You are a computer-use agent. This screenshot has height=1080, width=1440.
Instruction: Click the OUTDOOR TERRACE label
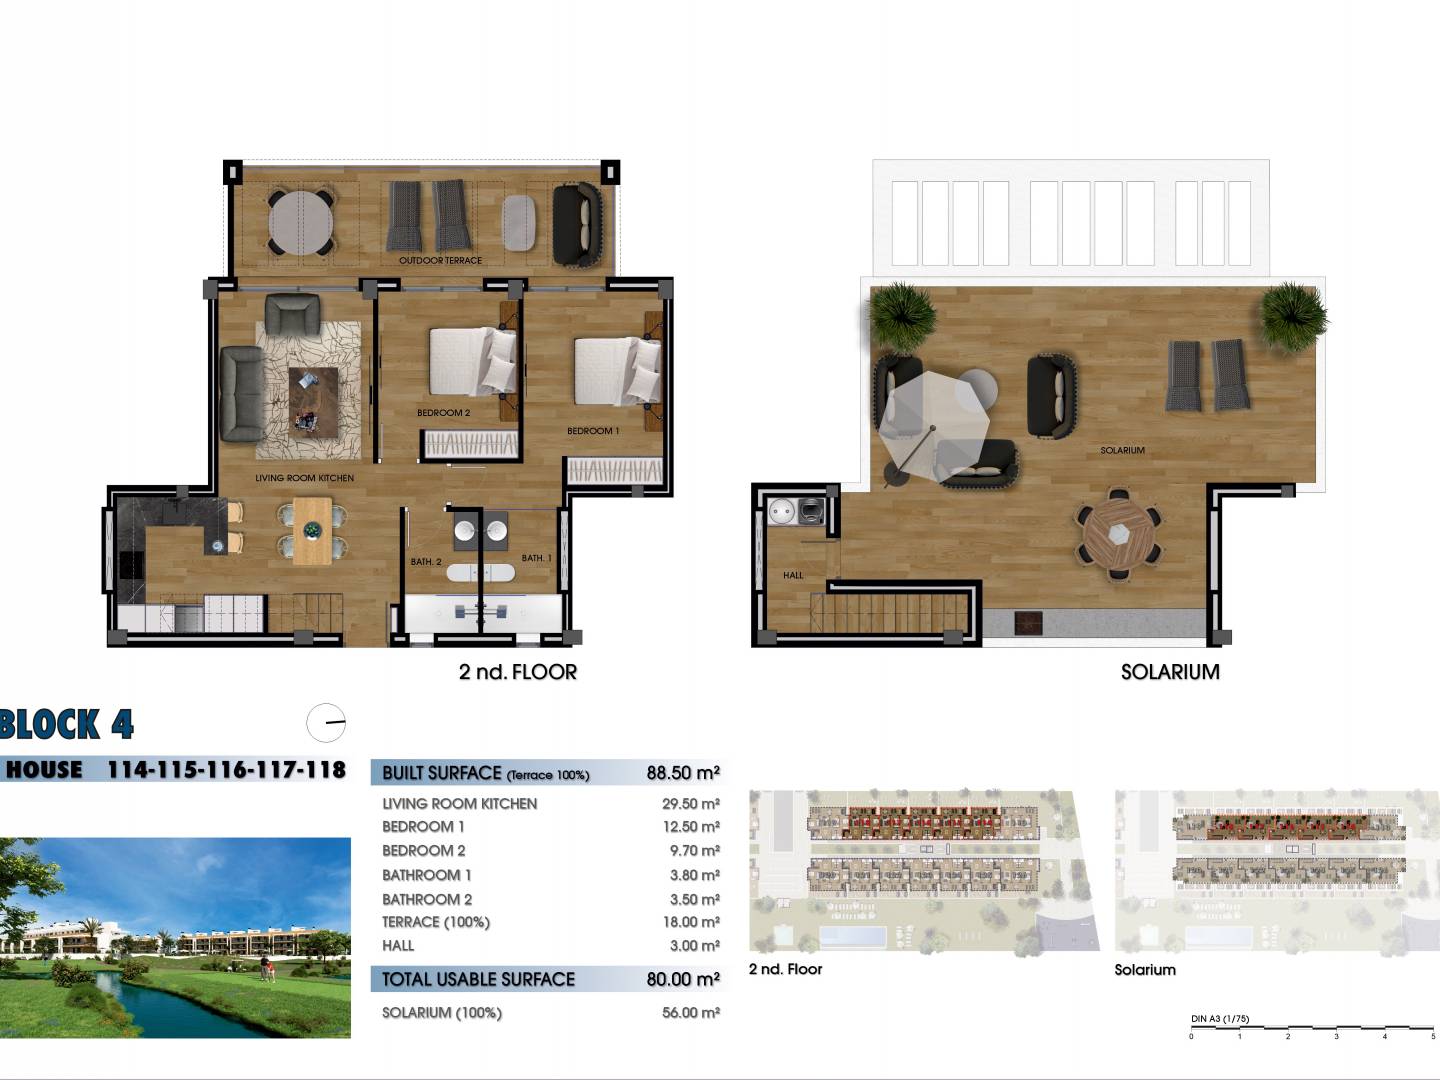pyautogui.click(x=440, y=260)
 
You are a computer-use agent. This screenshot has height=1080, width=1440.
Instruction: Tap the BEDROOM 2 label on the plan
pyautogui.click(x=443, y=412)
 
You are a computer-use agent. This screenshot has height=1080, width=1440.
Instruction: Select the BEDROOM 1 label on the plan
pyautogui.click(x=593, y=431)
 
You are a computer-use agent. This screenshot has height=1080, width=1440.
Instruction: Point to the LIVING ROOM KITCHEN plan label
pyautogui.click(x=304, y=478)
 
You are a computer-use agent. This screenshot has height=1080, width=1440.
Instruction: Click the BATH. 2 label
pyautogui.click(x=426, y=561)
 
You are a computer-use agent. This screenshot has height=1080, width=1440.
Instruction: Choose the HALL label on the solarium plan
pyautogui.click(x=792, y=575)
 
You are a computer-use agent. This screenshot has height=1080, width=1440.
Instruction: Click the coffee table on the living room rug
pyautogui.click(x=313, y=402)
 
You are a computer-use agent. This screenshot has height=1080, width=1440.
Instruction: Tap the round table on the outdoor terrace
pyautogui.click(x=300, y=222)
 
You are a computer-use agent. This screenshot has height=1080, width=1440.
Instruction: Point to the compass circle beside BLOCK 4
pyautogui.click(x=326, y=723)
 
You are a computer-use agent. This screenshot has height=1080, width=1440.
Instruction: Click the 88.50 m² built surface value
pyautogui.click(x=683, y=772)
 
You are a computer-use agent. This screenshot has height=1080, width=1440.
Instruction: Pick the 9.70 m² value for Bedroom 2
pyautogui.click(x=695, y=850)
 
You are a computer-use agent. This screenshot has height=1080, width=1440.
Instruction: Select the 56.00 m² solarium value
pyautogui.click(x=691, y=1012)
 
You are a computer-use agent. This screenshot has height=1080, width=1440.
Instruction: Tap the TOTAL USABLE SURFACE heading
pyautogui.click(x=478, y=979)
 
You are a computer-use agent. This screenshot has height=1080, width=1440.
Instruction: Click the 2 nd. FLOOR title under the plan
pyautogui.click(x=518, y=672)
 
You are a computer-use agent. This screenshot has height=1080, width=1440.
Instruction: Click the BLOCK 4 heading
pyautogui.click(x=67, y=724)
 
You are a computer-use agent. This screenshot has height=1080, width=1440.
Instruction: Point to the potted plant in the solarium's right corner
pyautogui.click(x=1293, y=317)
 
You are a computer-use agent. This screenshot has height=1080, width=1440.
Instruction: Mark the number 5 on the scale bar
pyautogui.click(x=1433, y=1036)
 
